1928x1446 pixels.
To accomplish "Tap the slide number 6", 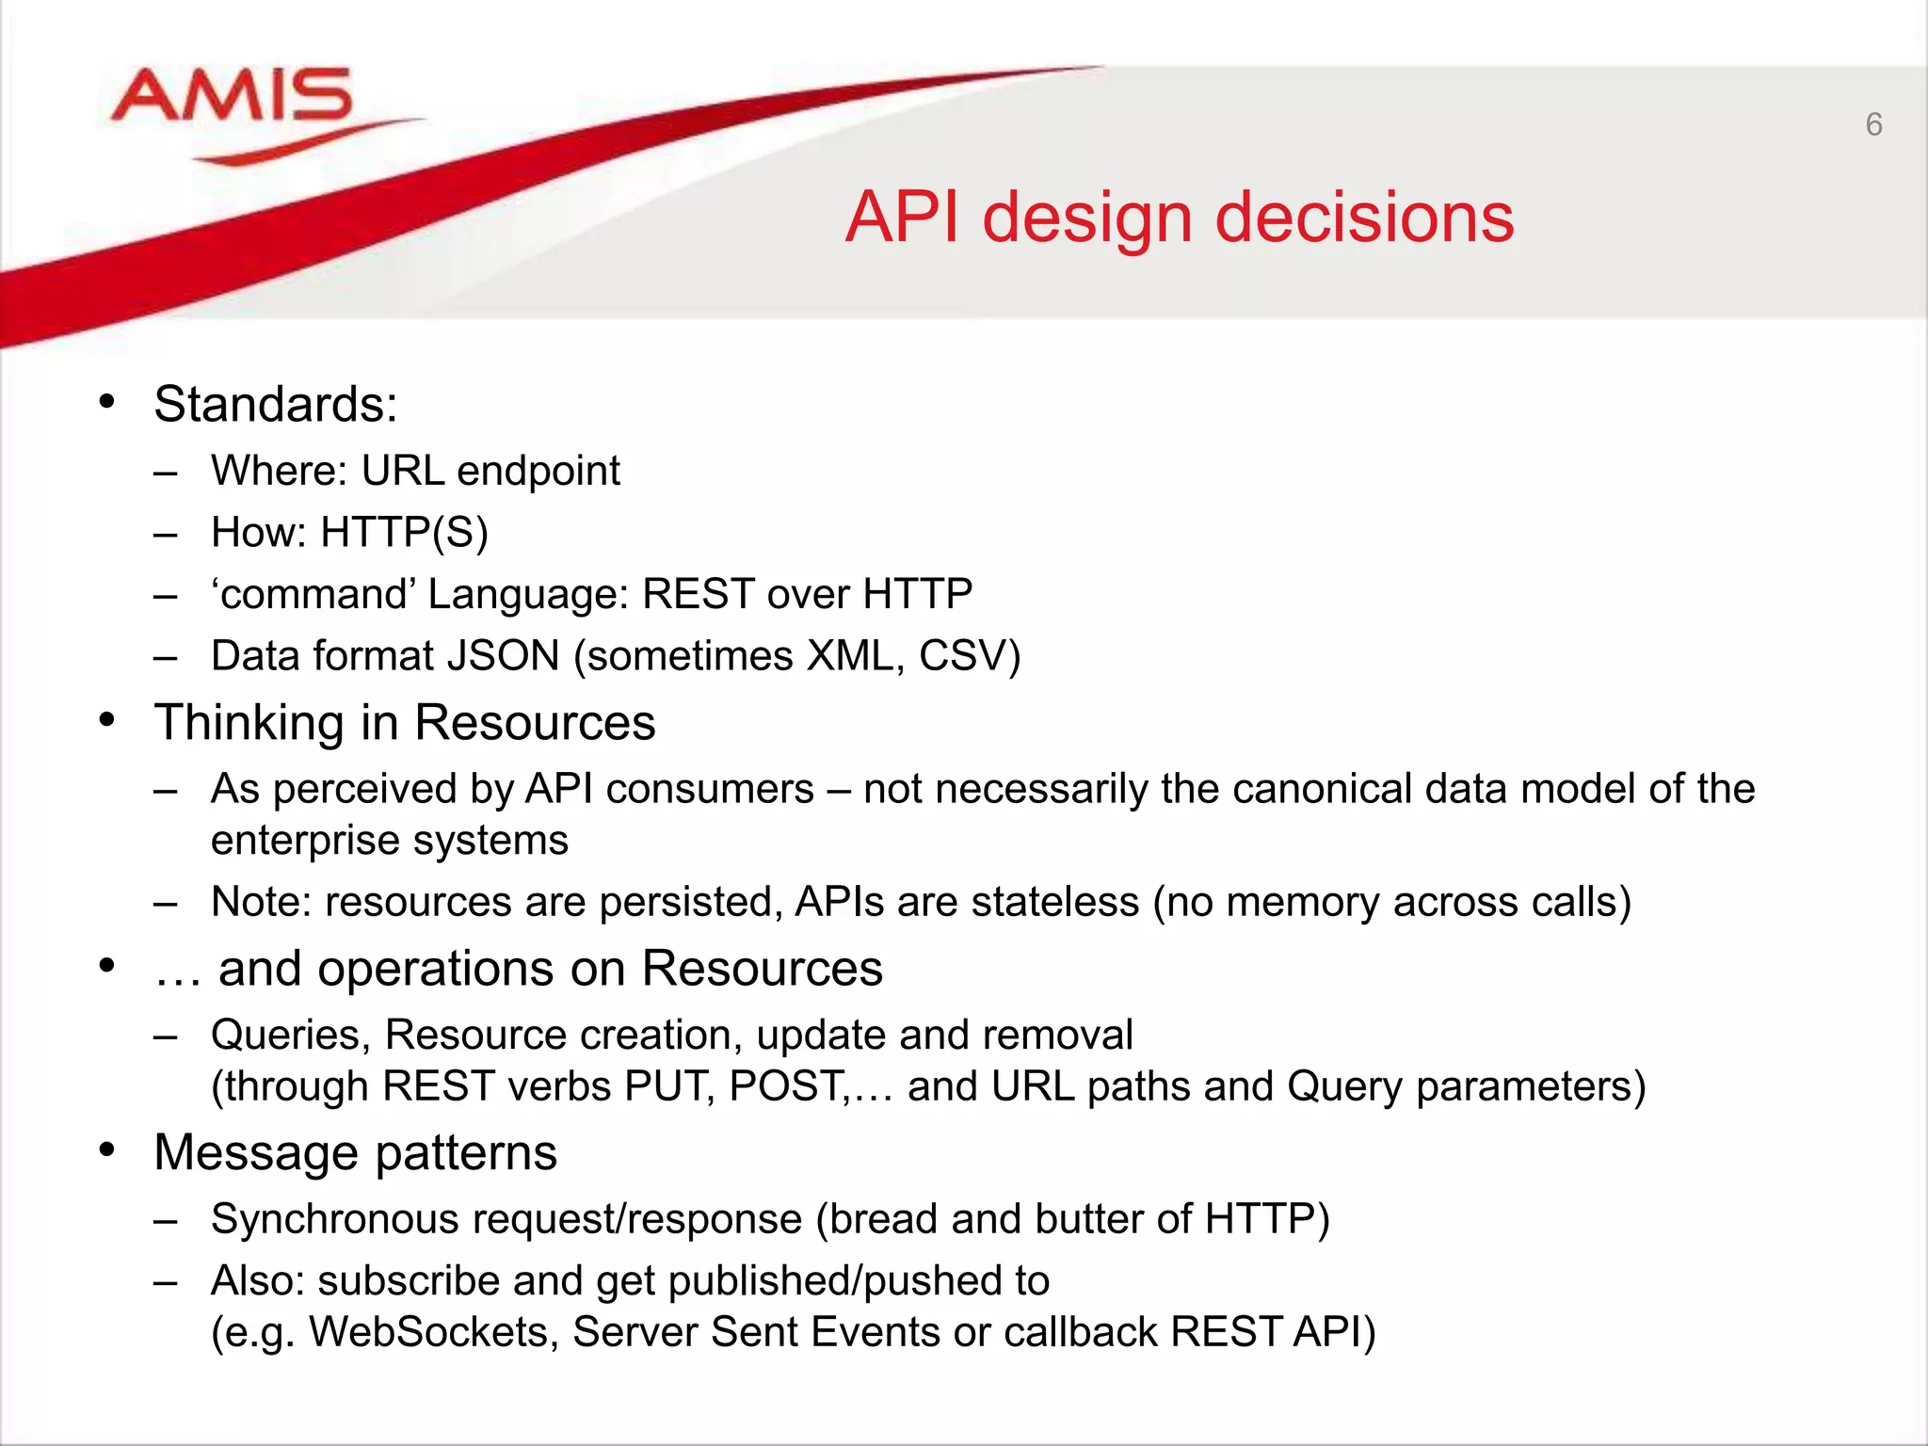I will pyautogui.click(x=1873, y=124).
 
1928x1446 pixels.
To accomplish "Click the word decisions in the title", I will pyautogui.click(x=1364, y=217).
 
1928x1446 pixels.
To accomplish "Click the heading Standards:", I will pyautogui.click(x=275, y=404).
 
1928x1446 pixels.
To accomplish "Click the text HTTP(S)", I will pyautogui.click(x=404, y=533).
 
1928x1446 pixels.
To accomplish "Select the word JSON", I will pyautogui.click(x=504, y=656).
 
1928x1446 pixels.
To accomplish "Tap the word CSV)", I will pyautogui.click(x=969, y=656).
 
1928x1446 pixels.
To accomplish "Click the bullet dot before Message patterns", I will pyautogui.click(x=106, y=1149).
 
